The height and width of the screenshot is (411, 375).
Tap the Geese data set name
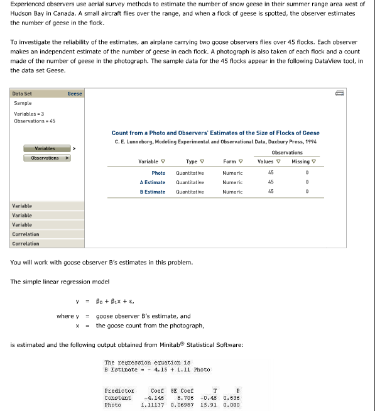[75, 94]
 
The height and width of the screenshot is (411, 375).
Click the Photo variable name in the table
[158, 173]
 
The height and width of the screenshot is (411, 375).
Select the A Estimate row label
[153, 182]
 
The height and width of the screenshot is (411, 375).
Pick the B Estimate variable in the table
[153, 192]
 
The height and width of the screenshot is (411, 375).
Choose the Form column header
[230, 162]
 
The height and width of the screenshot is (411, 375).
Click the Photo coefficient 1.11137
[153, 403]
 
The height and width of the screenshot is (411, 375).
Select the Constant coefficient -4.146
[155, 397]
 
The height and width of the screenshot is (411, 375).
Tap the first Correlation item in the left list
[26, 234]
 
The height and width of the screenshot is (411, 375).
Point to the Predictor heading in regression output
[118, 390]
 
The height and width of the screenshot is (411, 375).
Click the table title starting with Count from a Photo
[215, 133]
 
